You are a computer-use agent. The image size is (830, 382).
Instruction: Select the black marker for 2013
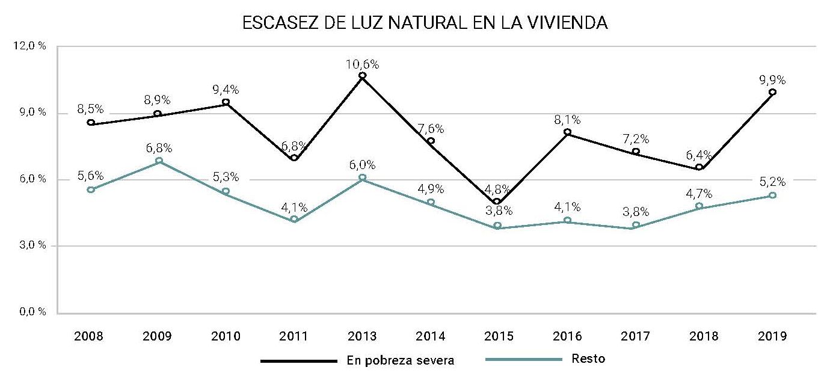coord(363,76)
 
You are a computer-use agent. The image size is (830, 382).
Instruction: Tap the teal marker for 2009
coord(159,161)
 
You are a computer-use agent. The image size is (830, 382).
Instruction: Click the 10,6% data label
coord(362,64)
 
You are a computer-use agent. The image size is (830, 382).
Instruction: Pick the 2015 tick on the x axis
coord(497,336)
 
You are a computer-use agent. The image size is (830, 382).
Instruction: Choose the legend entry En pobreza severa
coord(401,361)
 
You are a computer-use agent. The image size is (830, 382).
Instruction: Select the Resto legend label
coord(590,360)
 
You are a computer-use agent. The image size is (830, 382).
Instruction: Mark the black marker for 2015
coord(497,202)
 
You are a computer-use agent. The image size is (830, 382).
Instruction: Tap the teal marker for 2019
coord(773,196)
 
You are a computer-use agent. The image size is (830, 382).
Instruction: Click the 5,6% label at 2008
coord(90,176)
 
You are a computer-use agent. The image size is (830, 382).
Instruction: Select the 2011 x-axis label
coord(294,336)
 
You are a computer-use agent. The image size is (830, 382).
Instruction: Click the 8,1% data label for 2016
coord(567,120)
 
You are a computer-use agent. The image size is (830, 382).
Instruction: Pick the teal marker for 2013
coord(363,177)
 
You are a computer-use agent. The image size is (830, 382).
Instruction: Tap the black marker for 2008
coord(91,122)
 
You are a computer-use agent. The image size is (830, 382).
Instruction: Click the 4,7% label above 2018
coord(699,193)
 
